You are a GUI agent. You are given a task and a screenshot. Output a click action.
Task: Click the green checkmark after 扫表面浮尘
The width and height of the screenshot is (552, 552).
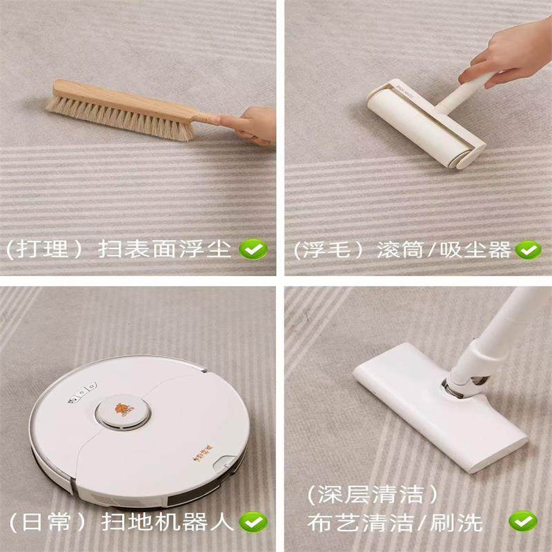(x=253, y=249)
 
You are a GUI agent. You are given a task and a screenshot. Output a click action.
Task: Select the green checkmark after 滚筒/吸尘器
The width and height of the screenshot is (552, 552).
(x=529, y=249)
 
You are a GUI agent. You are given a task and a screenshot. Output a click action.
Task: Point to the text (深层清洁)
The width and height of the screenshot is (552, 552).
(x=373, y=495)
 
